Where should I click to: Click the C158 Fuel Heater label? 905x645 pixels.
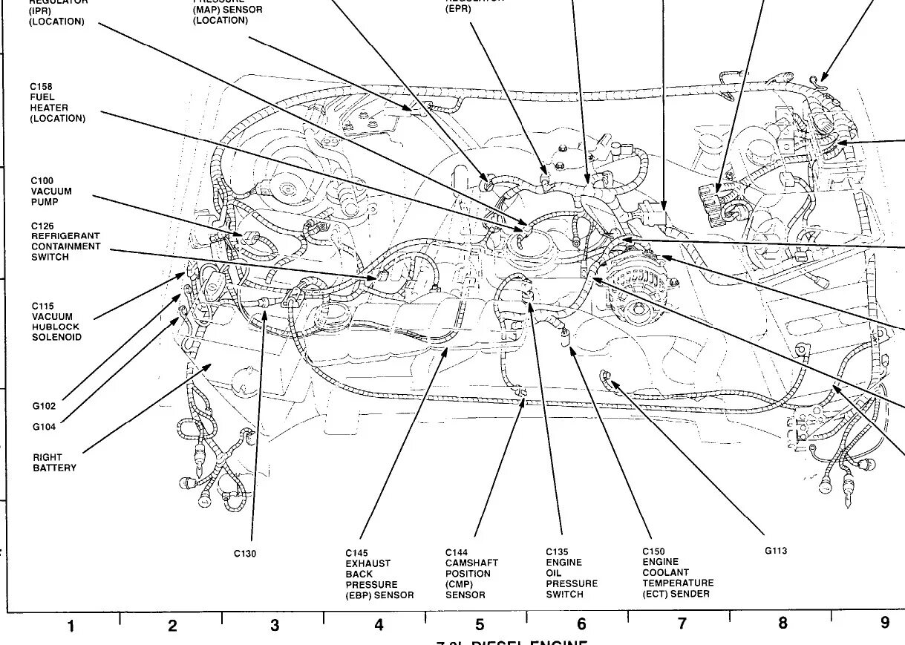(57, 102)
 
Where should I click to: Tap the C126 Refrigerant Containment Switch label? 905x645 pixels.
(65, 241)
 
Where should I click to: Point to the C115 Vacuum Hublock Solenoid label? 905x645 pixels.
(56, 321)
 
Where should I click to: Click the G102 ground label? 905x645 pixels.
(44, 406)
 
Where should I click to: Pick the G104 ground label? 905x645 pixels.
(44, 427)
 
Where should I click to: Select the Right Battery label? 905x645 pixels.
(54, 462)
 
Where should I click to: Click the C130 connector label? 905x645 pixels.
(245, 554)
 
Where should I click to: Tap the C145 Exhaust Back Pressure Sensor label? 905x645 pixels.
(379, 574)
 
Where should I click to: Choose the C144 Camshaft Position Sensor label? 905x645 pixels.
(471, 574)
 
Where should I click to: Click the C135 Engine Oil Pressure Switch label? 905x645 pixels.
(571, 573)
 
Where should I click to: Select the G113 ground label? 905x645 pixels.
(775, 551)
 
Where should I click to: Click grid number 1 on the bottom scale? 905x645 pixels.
(71, 626)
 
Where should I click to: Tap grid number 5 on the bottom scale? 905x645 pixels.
(480, 625)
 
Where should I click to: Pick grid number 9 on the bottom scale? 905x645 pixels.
(884, 623)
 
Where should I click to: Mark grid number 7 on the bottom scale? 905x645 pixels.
(682, 624)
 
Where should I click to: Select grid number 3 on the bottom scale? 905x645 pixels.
(275, 626)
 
